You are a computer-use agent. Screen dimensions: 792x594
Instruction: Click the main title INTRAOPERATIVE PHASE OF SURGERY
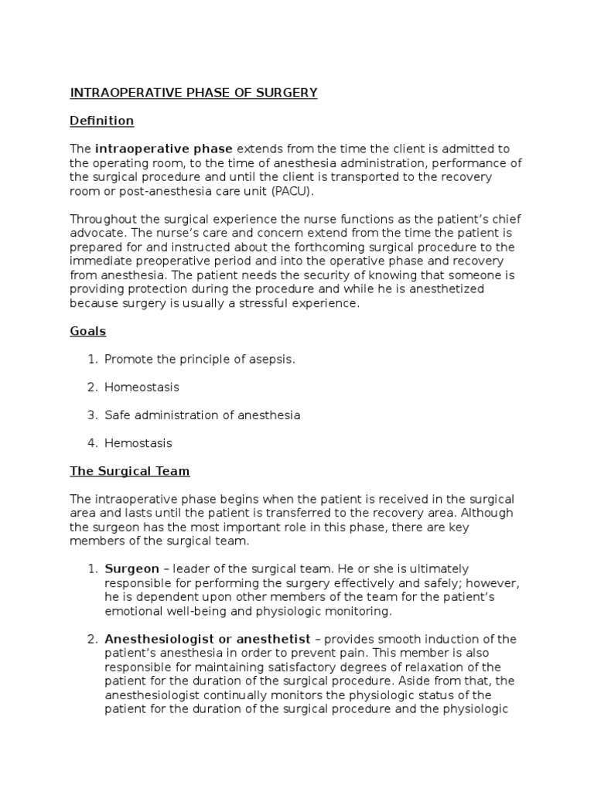click(193, 93)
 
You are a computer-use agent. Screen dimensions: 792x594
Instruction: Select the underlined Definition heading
click(101, 121)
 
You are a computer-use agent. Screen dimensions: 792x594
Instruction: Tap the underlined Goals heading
click(87, 331)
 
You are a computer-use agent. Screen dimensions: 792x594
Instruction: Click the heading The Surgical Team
click(129, 470)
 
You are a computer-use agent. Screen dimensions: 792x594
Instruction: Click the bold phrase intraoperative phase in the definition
click(164, 148)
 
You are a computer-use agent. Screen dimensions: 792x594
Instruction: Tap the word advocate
click(97, 233)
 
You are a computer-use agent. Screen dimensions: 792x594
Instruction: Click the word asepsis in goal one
click(272, 359)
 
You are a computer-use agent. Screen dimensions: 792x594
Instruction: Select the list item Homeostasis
click(142, 387)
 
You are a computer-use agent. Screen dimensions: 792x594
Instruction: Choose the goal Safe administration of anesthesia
click(203, 415)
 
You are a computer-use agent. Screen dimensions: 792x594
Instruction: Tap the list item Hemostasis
click(138, 443)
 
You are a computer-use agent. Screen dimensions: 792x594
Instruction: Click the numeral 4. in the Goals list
click(92, 443)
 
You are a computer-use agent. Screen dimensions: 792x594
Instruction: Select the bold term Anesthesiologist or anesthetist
click(207, 639)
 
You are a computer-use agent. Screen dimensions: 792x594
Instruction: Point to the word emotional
click(133, 611)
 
